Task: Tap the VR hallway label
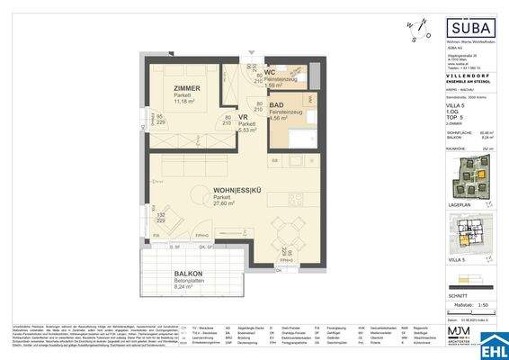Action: point(243,117)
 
